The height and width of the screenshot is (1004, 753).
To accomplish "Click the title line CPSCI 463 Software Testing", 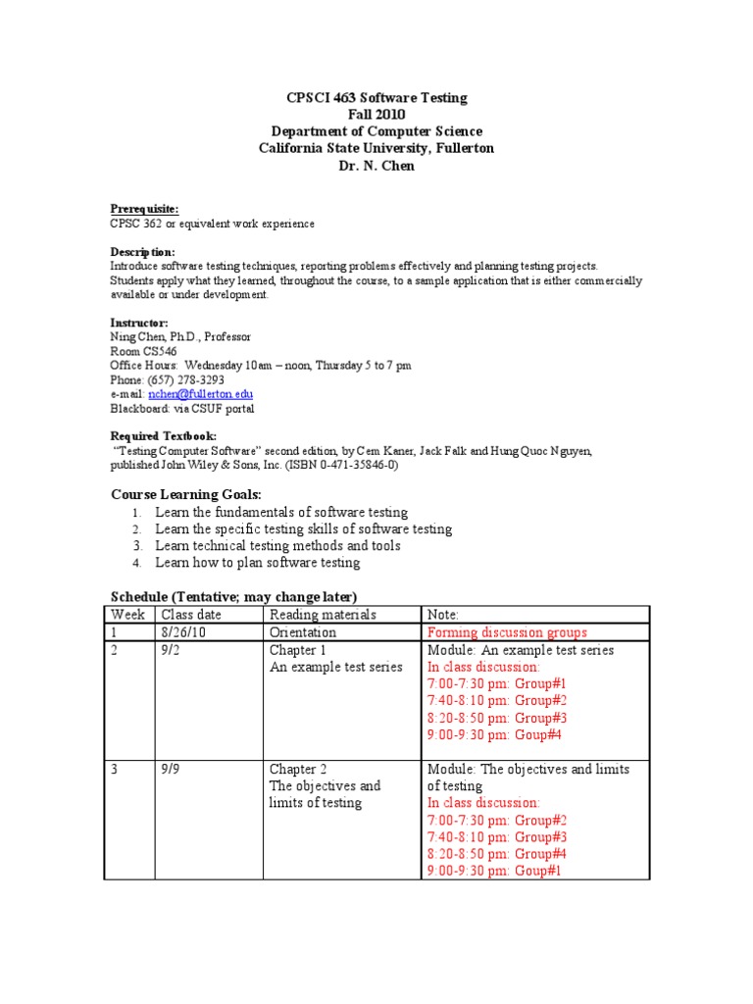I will tap(376, 98).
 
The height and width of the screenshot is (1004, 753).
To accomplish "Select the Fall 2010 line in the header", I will tap(376, 115).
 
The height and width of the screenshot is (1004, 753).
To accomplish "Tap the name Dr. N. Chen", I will tap(376, 165).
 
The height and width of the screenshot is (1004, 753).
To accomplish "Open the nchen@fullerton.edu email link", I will tap(207, 393).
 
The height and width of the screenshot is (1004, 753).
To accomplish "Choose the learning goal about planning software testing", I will tap(258, 563).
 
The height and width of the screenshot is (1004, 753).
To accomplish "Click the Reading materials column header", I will tap(323, 615).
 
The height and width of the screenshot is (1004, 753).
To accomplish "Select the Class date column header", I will tap(193, 615).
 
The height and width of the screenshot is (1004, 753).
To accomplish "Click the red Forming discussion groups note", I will tap(507, 632).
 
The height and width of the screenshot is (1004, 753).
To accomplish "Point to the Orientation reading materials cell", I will tap(303, 632).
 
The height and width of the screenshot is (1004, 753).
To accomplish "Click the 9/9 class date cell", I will tap(173, 769).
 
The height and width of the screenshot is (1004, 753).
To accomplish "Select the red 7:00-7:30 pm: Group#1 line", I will tap(497, 683).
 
